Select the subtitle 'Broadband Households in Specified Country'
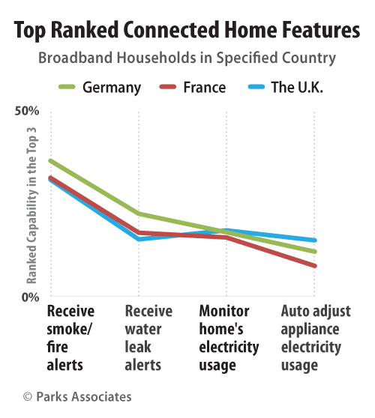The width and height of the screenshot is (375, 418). click(187, 58)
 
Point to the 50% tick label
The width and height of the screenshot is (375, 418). click(27, 112)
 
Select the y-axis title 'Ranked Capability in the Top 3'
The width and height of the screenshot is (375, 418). click(31, 205)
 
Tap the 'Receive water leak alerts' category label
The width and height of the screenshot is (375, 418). click(148, 338)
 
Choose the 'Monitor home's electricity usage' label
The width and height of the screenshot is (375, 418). click(229, 338)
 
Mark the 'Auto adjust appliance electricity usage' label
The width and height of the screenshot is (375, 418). click(310, 338)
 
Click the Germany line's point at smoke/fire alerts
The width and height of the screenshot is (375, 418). click(50, 160)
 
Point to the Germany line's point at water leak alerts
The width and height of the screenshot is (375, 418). click(139, 214)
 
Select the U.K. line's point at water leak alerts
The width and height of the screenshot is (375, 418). click(139, 239)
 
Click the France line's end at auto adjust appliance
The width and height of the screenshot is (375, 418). click(314, 265)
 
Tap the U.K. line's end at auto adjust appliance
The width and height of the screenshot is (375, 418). click(314, 240)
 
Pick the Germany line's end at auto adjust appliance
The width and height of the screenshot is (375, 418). click(314, 251)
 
